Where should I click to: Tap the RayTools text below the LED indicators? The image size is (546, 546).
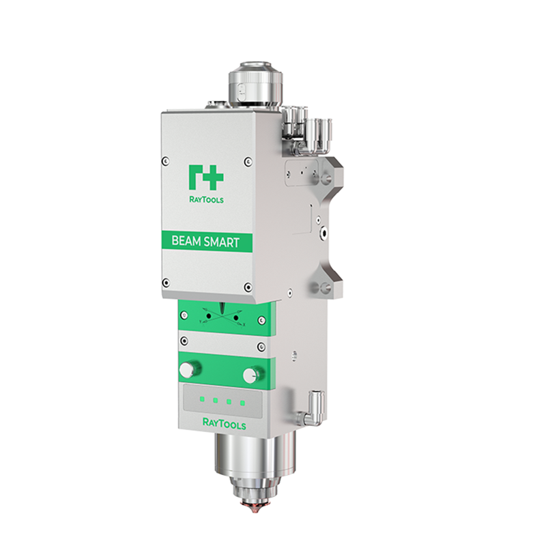coord(224,424)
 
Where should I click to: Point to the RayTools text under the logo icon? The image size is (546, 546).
coord(205,201)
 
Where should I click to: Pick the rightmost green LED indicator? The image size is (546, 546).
coord(242,403)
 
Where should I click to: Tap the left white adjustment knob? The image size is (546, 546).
coord(186,369)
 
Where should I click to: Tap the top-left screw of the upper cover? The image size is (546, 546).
coord(164,161)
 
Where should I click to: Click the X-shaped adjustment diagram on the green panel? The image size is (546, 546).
coord(222,316)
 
